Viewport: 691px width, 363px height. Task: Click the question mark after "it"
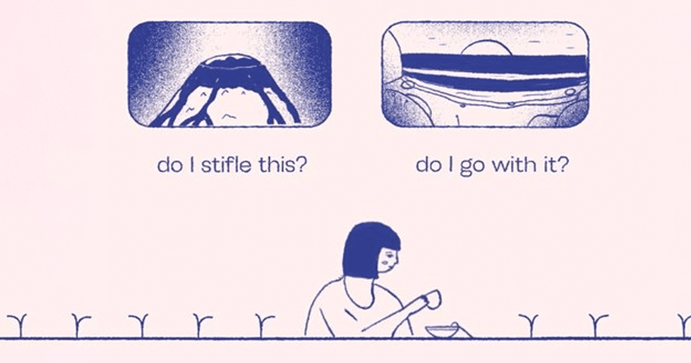coord(562,165)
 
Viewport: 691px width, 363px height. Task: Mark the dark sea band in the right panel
coord(493,64)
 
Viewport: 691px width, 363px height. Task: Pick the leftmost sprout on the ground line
coord(17,326)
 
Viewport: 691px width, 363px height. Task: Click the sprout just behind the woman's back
coord(264,326)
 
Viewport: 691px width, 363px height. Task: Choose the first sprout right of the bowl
coord(529,326)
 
